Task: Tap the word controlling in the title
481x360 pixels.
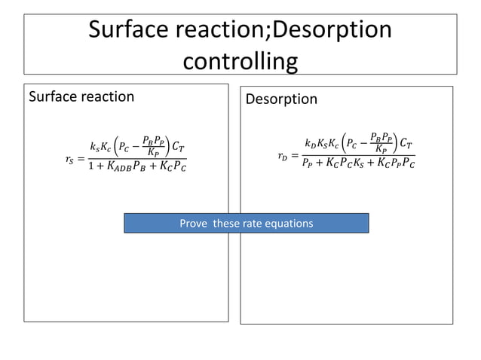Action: tap(240, 59)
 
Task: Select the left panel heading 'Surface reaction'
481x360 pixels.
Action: tap(81, 96)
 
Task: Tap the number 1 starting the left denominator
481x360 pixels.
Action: tap(91, 166)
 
